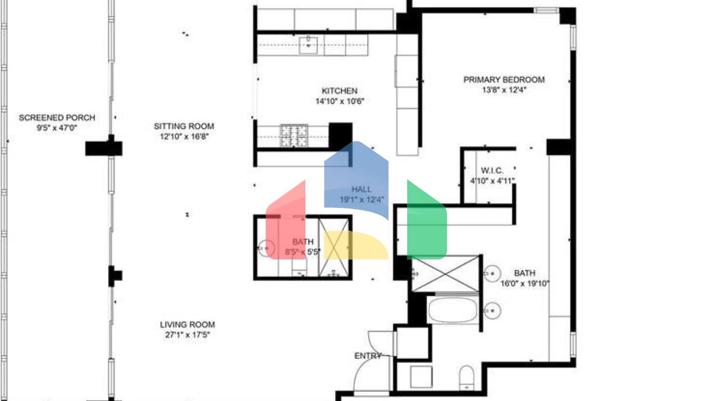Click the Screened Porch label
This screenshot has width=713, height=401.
click(57, 117)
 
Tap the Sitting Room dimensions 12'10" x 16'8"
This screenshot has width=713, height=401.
click(184, 136)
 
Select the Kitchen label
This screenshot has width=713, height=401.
click(339, 91)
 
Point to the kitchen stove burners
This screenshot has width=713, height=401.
click(294, 136)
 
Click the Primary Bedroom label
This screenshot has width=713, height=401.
click(504, 79)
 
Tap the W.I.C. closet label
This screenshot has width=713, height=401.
click(492, 170)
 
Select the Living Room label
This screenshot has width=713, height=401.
click(187, 324)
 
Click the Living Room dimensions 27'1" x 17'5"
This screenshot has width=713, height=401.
click(187, 335)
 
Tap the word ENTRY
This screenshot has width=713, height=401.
click(368, 356)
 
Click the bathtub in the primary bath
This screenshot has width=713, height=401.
click(453, 310)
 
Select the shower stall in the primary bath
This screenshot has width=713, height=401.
click(445, 274)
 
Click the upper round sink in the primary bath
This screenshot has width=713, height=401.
click(492, 274)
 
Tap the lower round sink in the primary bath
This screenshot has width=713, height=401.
click(492, 310)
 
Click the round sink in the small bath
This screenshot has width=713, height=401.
click(266, 248)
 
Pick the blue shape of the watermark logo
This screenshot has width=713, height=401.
click(356, 179)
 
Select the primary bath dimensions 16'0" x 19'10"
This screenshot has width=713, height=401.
click(525, 284)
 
